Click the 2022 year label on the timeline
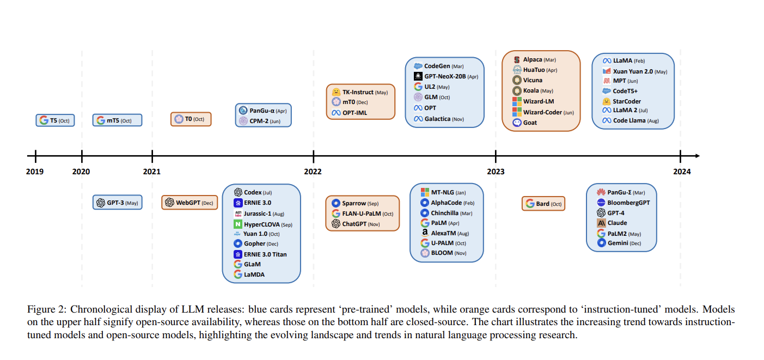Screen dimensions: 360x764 [313, 172]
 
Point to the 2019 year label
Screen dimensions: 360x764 [35, 172]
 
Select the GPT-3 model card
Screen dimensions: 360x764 [117, 203]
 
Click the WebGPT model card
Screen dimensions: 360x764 [190, 203]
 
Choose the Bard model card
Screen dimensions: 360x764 [543, 204]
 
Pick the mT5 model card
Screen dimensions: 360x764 [117, 120]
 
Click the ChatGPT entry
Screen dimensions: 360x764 [361, 224]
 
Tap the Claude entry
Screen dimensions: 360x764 [617, 223]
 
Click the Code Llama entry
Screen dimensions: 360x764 [635, 120]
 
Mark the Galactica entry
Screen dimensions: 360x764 [444, 119]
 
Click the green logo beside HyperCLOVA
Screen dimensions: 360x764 [238, 224]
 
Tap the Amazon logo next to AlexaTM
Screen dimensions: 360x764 [425, 233]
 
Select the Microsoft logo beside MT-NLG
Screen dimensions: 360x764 [425, 192]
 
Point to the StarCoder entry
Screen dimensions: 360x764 [626, 101]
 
